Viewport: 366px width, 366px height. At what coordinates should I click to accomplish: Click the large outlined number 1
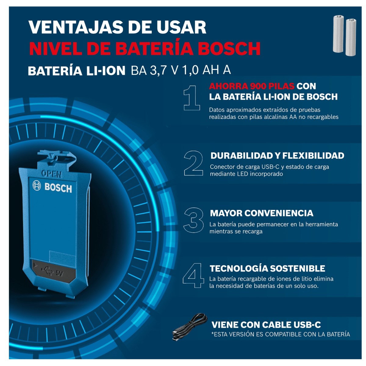192,98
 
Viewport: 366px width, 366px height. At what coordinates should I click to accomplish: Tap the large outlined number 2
193,163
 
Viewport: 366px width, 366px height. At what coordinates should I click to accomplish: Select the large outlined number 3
194,220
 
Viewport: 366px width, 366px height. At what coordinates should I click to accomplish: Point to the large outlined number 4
193,276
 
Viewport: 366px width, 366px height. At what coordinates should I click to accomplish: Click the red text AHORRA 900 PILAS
252,86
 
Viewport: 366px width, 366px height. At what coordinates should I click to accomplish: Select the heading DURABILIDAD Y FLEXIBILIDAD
277,156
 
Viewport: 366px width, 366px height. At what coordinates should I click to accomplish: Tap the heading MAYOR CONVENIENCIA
261,213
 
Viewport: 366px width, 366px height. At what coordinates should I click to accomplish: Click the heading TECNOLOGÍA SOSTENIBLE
267,268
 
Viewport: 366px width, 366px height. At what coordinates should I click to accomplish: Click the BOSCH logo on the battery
52,187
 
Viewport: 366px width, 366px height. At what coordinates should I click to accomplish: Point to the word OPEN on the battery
52,174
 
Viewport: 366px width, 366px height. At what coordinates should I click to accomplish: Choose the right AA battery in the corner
351,37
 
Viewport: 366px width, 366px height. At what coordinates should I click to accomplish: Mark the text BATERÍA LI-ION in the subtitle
77,71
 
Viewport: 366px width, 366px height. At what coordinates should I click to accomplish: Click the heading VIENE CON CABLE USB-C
266,325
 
